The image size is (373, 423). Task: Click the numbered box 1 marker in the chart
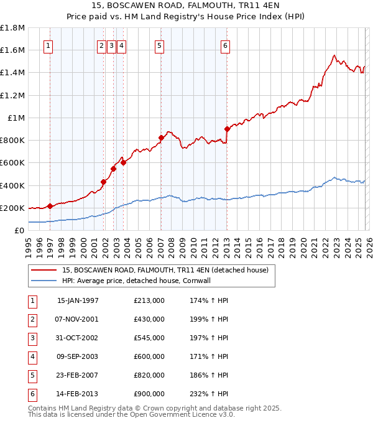48,45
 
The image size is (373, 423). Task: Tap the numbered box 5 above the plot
160,45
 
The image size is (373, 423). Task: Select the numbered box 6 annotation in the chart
225,45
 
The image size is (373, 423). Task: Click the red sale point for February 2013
227,129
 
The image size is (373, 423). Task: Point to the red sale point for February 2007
161,137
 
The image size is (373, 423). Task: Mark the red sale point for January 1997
50,206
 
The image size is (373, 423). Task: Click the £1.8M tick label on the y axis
12,28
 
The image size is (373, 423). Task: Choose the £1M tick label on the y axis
16,118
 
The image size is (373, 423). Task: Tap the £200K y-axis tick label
12,208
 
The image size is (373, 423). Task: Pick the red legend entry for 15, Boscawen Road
165,270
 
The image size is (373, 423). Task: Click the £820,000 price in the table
149,375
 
